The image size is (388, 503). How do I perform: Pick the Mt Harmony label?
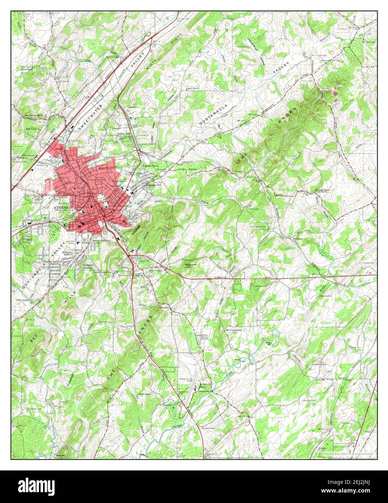click(368, 41)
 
